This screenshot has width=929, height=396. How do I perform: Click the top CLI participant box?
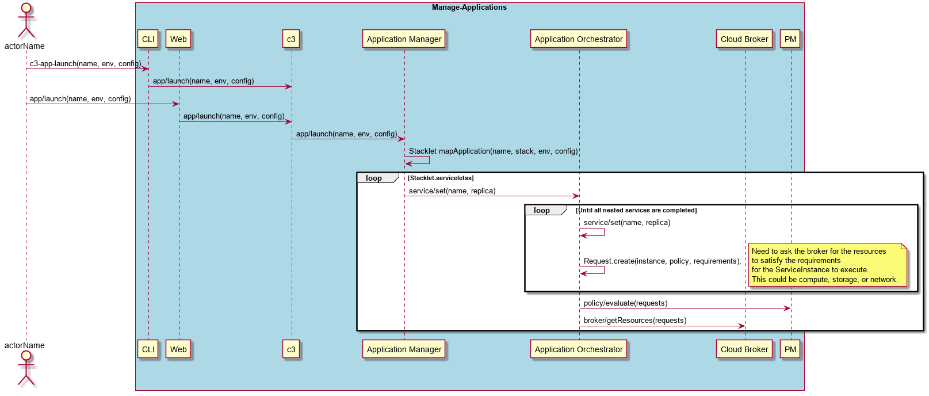148,39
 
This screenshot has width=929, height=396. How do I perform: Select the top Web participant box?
178,39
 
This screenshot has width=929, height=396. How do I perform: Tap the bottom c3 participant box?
291,349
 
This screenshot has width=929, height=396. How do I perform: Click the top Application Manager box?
404,39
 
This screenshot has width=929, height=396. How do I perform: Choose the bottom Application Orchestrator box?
579,349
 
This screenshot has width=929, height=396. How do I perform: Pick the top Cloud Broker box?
744,39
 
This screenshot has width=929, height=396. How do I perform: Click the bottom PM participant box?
790,349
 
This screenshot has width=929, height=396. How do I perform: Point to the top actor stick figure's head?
26,8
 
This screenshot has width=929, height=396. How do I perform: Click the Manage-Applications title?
469,7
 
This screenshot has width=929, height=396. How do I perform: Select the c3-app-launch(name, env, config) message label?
86,63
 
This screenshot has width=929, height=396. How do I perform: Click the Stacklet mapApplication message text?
493,151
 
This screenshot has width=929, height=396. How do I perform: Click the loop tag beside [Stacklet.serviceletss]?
374,178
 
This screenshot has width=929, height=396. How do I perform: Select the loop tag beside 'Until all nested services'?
542,210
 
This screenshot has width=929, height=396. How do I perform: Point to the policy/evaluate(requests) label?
625,303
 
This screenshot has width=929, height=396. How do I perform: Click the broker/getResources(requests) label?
635,321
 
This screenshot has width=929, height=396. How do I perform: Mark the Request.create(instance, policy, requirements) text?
662,261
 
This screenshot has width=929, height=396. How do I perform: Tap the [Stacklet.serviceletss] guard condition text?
441,178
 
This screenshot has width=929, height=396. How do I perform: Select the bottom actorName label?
25,345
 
